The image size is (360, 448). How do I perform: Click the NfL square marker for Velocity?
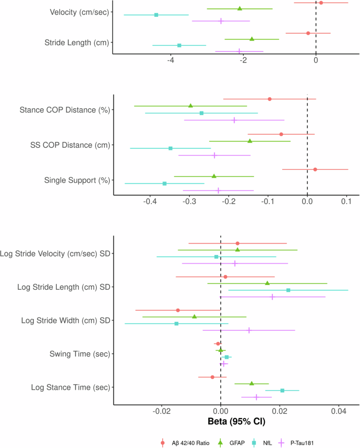[x=156, y=15]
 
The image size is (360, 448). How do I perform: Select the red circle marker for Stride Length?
[x=308, y=33]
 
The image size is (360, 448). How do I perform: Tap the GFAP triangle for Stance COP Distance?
[x=190, y=106]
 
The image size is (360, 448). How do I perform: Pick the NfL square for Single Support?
[x=164, y=184]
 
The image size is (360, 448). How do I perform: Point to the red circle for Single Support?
[x=315, y=169]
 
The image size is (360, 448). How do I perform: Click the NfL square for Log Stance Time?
[x=282, y=391]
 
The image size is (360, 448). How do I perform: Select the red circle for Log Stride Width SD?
[x=178, y=310]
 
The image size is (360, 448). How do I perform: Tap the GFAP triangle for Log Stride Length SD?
[x=267, y=283]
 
